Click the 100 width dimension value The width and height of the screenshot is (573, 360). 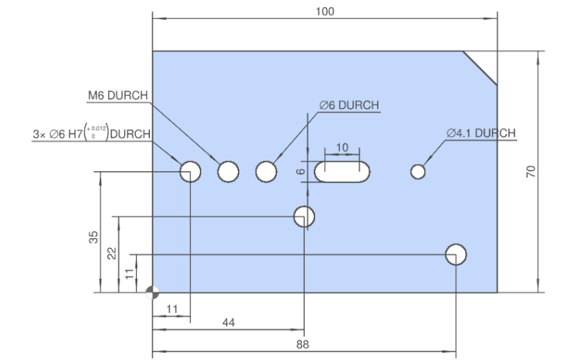325,11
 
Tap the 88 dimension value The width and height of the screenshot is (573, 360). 303,344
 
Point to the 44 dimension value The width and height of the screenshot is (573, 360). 228,323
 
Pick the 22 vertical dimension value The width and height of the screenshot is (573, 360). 112,253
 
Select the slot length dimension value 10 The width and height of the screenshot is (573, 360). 342,148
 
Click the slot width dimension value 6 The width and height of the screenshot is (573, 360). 300,171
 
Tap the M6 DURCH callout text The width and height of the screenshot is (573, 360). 118,96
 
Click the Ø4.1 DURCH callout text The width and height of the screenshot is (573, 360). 481,133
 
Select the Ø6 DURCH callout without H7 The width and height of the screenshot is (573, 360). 349,105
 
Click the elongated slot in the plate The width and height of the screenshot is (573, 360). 342,172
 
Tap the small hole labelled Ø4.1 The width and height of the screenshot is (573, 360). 418,172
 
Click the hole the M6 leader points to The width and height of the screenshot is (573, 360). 228,172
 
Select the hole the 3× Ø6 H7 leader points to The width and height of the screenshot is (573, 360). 190,172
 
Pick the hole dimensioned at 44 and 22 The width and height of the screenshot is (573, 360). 304,217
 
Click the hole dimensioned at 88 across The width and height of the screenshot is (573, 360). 455,254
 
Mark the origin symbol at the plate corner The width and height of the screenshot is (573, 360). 152,292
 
